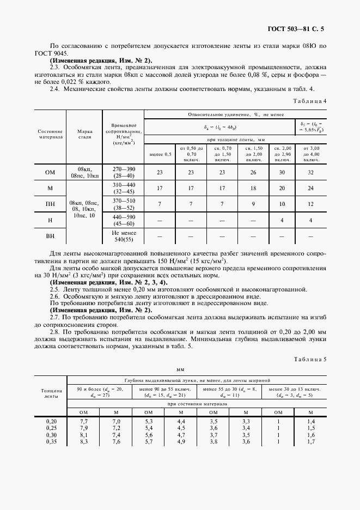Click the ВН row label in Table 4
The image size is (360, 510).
(x=50, y=237)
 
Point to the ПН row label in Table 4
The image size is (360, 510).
(x=50, y=204)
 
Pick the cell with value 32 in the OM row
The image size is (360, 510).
(x=310, y=172)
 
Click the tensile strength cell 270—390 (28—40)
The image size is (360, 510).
(x=123, y=172)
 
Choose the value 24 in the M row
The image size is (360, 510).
(x=310, y=189)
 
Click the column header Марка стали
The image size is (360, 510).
(x=84, y=135)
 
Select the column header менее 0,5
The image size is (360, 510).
(x=160, y=154)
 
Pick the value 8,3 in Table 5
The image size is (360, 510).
(x=84, y=441)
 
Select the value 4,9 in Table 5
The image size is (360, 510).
(x=181, y=441)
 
